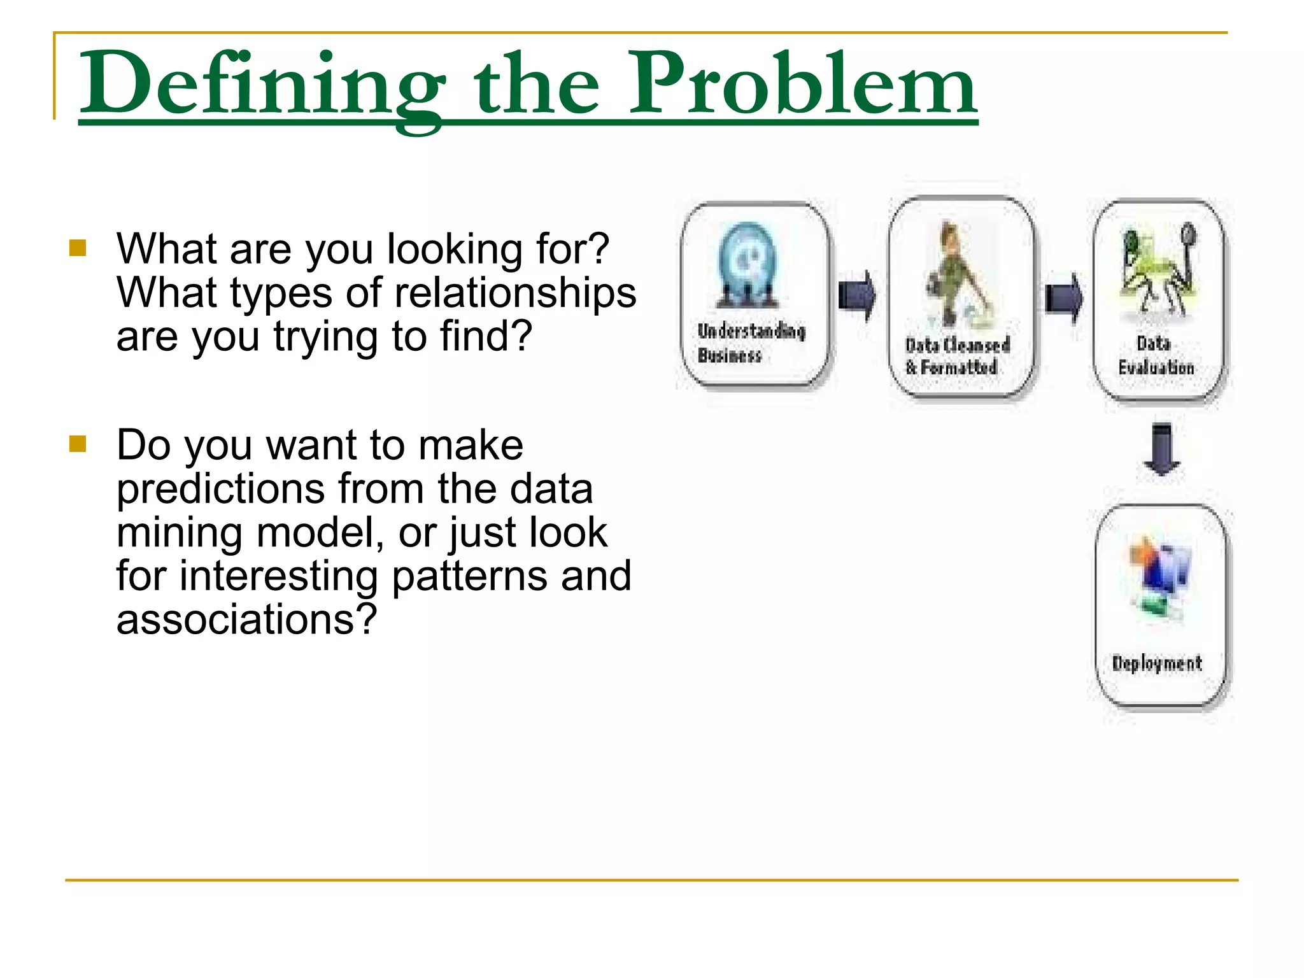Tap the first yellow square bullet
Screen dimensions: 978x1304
(78, 248)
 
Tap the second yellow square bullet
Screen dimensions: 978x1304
(78, 443)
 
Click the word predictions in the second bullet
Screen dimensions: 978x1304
(220, 489)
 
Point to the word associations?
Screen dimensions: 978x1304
(246, 619)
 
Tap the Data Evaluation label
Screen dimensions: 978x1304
(1155, 355)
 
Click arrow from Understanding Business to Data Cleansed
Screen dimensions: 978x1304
(857, 295)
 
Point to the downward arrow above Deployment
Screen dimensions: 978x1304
(1161, 448)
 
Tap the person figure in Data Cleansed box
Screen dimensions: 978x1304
(954, 271)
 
